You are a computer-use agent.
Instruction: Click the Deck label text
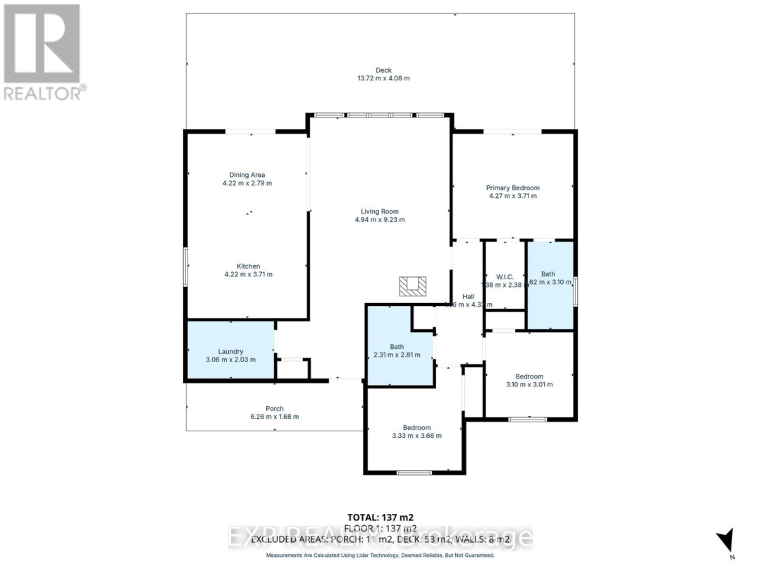pos(383,70)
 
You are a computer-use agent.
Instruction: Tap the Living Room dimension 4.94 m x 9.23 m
pos(380,220)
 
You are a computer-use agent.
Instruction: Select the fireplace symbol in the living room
pos(413,285)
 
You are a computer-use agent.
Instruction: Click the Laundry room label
pos(230,351)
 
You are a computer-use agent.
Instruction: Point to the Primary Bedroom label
pos(512,188)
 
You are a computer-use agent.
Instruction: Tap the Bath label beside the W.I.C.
pos(548,274)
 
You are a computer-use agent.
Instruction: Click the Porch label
pos(275,409)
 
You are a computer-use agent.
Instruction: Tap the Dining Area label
pos(247,175)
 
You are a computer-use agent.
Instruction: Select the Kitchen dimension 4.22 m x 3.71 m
pos(248,275)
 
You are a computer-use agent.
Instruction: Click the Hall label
pos(468,297)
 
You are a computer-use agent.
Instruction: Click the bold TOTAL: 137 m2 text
pos(380,517)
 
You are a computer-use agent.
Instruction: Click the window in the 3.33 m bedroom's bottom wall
pos(414,472)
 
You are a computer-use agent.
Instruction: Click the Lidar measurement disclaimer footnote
pos(380,555)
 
